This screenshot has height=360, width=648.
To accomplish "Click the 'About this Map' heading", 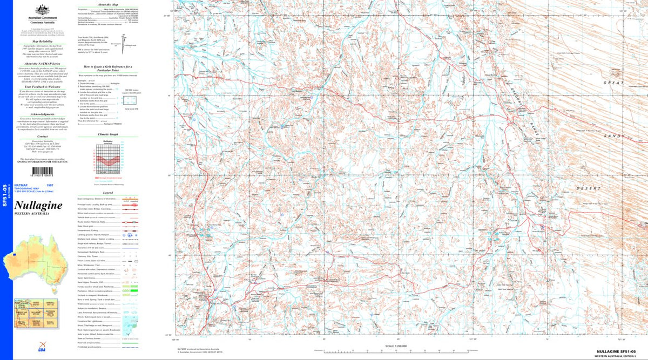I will tap(107, 4).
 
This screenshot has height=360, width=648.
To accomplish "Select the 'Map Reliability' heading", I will tap(38, 41).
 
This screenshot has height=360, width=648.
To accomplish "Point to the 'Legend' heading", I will tap(107, 193).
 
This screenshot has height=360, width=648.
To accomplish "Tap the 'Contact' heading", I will tap(38, 137).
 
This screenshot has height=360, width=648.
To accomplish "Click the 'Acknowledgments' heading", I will tap(38, 114).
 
